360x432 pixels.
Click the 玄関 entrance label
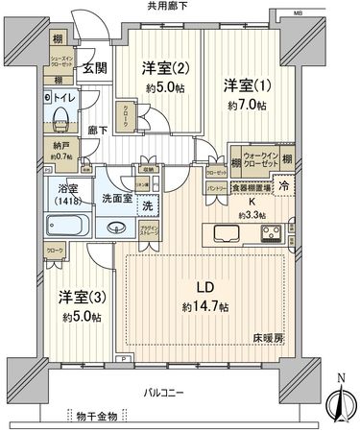point(93,68)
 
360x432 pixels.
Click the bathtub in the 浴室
point(66,228)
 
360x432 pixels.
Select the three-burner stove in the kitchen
point(271,232)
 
